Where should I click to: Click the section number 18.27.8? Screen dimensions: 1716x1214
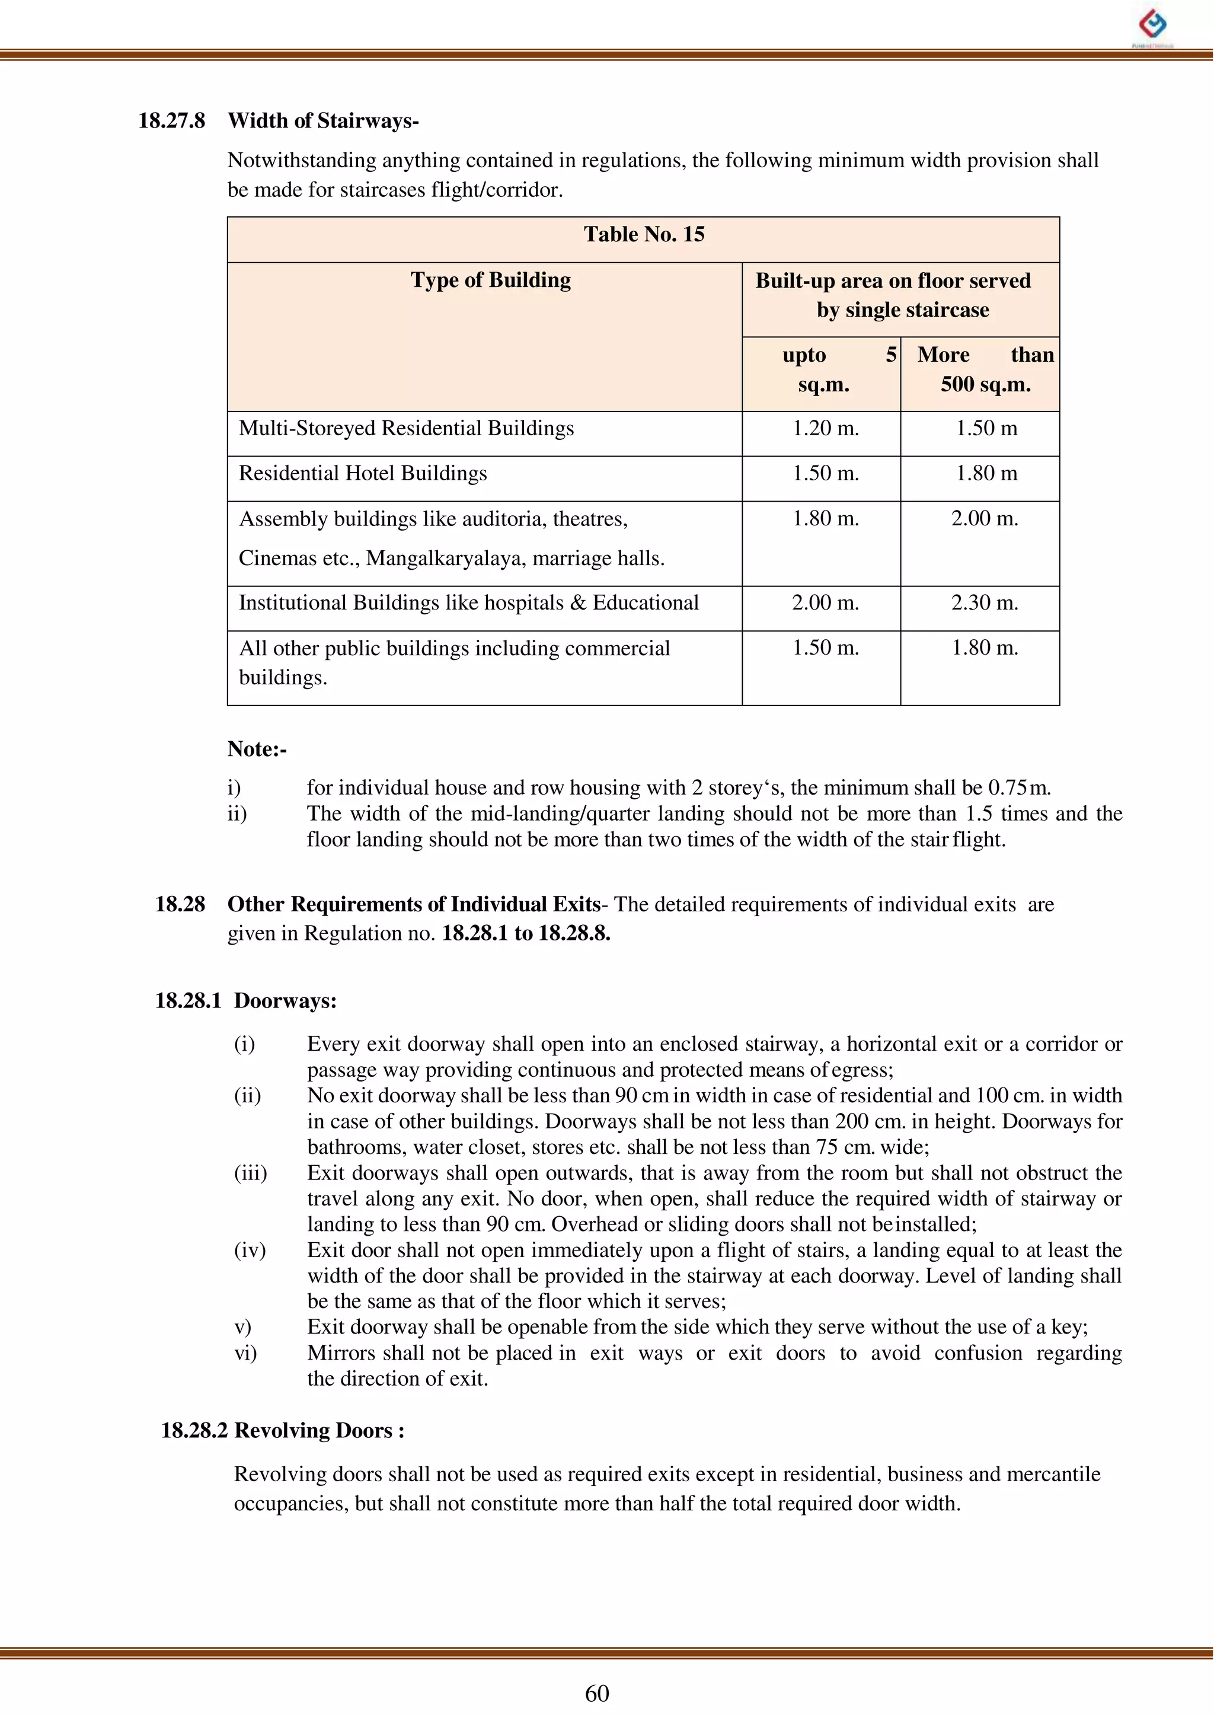(x=171, y=121)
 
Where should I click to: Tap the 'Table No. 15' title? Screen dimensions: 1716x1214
(x=644, y=235)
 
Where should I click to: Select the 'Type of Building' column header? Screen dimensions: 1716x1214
(x=490, y=280)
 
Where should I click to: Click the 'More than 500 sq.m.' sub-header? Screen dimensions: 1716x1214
(x=985, y=369)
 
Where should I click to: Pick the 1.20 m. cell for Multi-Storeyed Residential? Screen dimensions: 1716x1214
(x=825, y=429)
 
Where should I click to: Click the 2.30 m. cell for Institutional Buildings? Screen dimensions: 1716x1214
(x=985, y=602)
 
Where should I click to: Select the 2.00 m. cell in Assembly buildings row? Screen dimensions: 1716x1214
(x=985, y=518)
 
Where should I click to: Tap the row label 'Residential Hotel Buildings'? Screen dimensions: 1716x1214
(x=363, y=473)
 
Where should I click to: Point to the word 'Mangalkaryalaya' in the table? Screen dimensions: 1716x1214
(x=447, y=559)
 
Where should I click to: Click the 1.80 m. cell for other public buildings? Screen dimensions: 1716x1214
(x=985, y=648)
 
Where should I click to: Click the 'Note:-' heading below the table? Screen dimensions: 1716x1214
(x=257, y=749)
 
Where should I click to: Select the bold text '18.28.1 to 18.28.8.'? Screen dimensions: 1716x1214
(x=526, y=934)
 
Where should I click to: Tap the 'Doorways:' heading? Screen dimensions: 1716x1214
(x=285, y=1001)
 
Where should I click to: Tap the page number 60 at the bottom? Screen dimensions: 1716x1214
(x=596, y=1693)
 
